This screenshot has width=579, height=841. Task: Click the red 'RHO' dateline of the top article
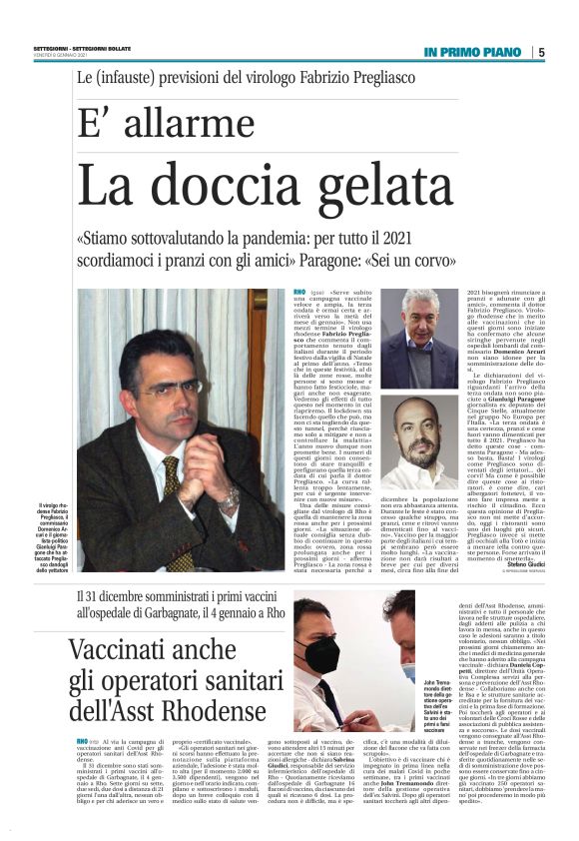(x=299, y=292)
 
